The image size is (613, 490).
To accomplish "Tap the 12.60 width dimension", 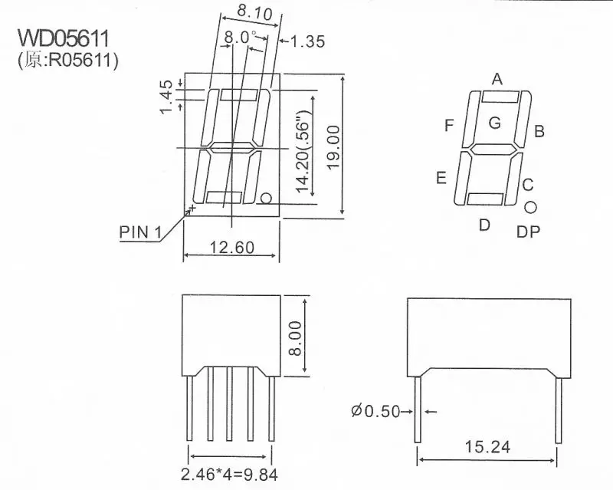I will tap(230, 247).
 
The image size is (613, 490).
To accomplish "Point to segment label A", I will tap(497, 78).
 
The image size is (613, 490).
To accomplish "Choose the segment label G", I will tap(494, 122).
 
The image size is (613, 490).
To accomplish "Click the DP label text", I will tap(528, 231).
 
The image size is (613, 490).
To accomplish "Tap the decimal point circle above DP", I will tap(530, 207).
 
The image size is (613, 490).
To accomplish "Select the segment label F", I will tap(449, 125).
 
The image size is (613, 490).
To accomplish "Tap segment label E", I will tap(441, 179).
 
